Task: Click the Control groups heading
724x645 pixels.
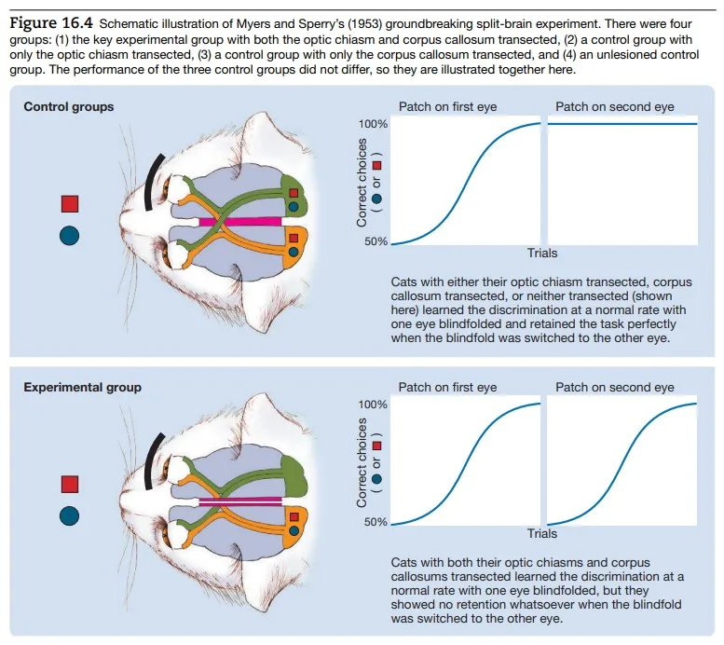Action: point(69,106)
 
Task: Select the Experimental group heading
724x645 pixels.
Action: point(82,387)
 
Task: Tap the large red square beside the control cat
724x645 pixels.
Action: point(69,204)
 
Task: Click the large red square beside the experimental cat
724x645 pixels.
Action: point(69,484)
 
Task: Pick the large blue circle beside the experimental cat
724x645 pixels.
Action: point(69,515)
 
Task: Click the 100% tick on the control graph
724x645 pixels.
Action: point(373,124)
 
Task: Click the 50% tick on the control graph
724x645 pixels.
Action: point(376,242)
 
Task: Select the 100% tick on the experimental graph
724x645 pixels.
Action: point(373,405)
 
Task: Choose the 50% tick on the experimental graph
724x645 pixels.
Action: point(376,522)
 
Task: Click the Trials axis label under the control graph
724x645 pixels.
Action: point(542,253)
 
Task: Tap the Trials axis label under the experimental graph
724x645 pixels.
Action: point(542,533)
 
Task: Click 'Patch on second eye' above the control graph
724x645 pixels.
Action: point(615,107)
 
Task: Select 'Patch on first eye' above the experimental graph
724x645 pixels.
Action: point(448,387)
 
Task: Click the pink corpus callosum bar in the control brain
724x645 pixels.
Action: point(242,221)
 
